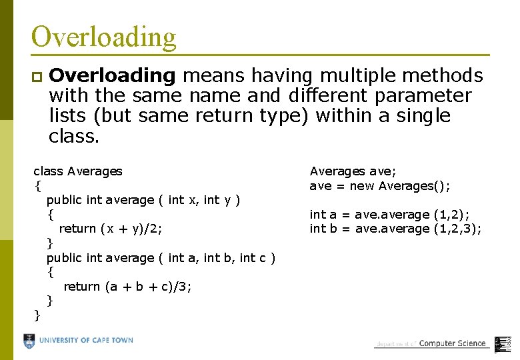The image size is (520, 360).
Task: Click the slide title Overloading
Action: click(x=103, y=37)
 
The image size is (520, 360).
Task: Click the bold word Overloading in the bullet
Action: click(x=112, y=75)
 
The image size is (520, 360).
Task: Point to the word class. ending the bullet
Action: click(x=74, y=137)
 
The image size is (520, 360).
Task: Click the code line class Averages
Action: click(x=77, y=171)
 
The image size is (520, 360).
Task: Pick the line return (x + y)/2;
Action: click(x=111, y=229)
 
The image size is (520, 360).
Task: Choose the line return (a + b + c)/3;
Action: click(x=127, y=287)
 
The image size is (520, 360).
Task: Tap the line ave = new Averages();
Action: click(x=379, y=185)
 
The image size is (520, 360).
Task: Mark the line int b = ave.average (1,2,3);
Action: click(x=395, y=229)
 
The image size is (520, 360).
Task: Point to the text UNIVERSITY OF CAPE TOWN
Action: click(x=86, y=341)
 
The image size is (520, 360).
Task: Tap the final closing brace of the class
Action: click(x=37, y=315)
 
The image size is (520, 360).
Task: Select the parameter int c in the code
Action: click(x=254, y=257)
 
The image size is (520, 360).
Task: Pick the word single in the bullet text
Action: click(x=423, y=116)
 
